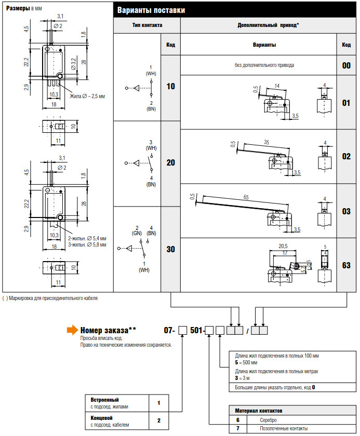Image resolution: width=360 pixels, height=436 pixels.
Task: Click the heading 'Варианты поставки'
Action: coord(151,10)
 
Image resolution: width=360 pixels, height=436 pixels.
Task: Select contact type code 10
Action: coord(170,86)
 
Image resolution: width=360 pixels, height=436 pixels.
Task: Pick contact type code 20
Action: coord(170,162)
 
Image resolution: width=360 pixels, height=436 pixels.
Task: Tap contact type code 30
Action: coord(170,249)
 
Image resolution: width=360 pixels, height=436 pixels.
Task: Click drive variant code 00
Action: coord(346,65)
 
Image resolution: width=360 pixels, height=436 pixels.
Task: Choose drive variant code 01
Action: coord(346,103)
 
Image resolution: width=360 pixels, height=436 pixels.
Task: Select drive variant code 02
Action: coord(346,156)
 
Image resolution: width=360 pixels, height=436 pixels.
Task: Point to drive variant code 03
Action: coord(346,211)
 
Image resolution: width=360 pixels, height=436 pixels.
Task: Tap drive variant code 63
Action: coord(346,265)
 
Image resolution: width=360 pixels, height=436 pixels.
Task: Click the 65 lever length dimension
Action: coord(246,197)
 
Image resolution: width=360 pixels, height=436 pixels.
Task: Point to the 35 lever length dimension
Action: coord(266,142)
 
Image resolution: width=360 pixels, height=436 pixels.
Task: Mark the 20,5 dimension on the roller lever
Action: coord(283,246)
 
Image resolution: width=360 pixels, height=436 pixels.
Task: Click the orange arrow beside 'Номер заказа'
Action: coord(72,330)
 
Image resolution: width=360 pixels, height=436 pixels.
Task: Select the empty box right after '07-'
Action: coord(182,330)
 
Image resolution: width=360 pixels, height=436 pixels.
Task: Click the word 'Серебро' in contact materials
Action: coord(268,420)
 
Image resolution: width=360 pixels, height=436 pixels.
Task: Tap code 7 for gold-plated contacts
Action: coord(237,428)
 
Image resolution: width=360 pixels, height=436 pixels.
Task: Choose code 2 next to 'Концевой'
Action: coord(159,420)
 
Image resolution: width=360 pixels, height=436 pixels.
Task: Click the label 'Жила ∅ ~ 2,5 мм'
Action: coord(87,96)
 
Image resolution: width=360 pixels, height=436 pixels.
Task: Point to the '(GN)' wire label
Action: coord(137,233)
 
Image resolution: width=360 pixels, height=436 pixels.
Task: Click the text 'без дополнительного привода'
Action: coord(264,65)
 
